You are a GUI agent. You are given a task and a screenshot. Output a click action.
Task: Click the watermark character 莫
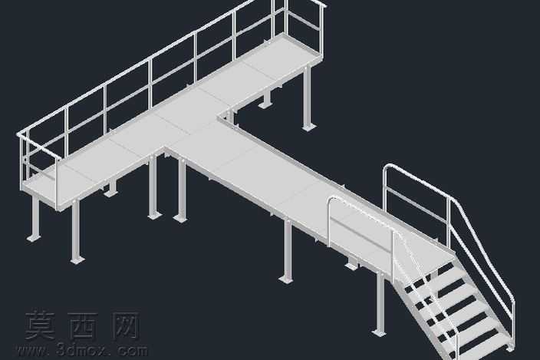coord(40,325)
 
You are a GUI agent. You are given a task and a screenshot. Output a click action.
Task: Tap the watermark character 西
coord(81,325)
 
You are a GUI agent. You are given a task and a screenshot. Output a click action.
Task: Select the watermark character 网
coord(126,325)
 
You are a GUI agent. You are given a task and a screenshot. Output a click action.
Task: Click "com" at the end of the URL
coord(132,351)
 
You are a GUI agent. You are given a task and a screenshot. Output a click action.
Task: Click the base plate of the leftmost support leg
coord(34,238)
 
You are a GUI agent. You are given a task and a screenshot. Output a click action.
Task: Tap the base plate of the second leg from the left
coord(77,259)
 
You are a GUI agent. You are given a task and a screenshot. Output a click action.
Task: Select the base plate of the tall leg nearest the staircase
coord(380,333)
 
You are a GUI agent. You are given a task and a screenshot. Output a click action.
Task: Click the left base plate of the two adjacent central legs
coord(155,216)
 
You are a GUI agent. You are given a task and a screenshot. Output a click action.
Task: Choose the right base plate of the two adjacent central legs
coord(180,218)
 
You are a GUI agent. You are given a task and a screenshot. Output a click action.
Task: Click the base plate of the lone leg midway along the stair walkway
coord(286,279)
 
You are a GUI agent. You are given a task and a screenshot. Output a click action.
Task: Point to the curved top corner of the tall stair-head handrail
coord(387,167)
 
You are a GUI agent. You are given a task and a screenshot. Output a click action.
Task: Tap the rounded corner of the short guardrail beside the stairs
coord(331,200)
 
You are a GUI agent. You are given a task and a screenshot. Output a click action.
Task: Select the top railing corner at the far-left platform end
coord(19,134)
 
